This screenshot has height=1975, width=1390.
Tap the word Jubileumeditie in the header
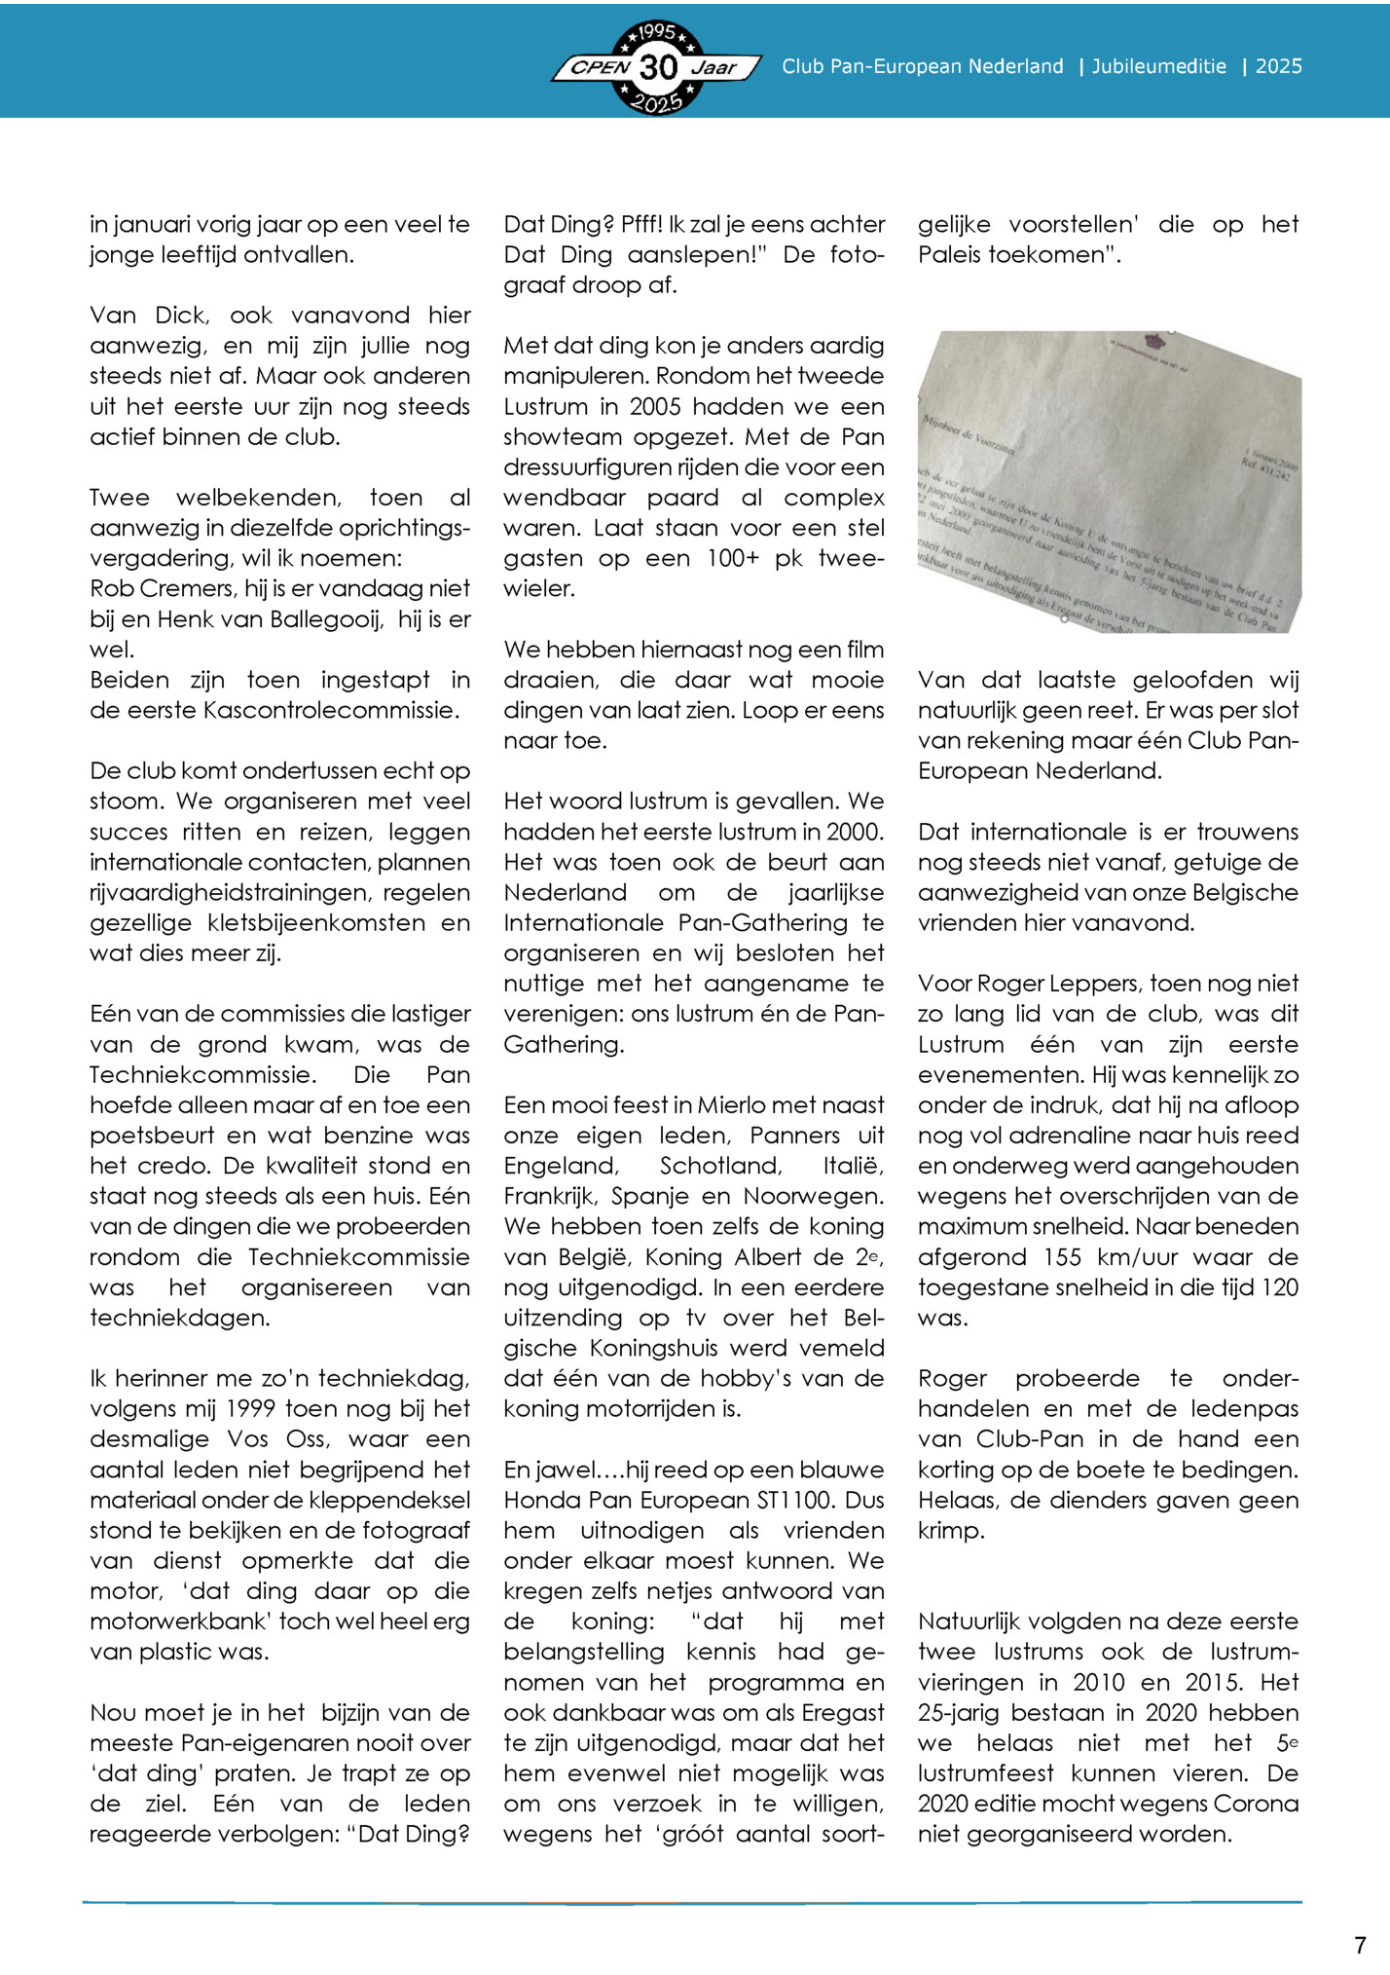pyautogui.click(x=1158, y=66)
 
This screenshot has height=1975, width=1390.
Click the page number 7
pyautogui.click(x=1360, y=1946)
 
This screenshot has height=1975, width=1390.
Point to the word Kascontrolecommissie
pyautogui.click(x=330, y=711)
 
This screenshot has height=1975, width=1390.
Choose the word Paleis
pyautogui.click(x=948, y=255)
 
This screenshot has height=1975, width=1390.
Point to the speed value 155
pyautogui.click(x=1063, y=1257)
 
